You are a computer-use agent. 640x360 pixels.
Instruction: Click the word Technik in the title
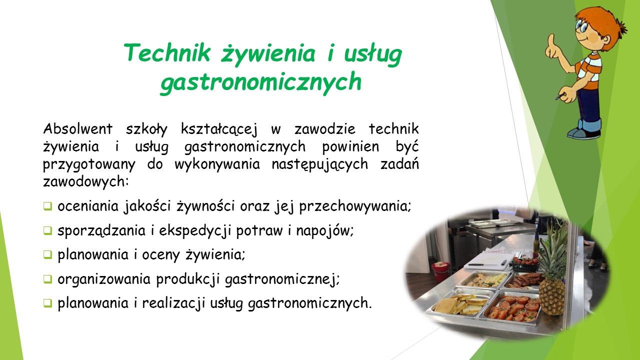click(x=167, y=52)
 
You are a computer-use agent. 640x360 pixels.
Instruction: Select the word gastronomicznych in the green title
click(x=261, y=82)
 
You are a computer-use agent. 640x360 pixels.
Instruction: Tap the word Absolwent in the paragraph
click(x=77, y=129)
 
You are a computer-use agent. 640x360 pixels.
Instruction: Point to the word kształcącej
click(x=219, y=129)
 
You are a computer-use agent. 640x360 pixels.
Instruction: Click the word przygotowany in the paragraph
click(x=89, y=165)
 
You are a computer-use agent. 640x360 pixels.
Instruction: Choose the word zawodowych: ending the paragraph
click(x=85, y=181)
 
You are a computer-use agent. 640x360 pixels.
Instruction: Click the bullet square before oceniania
click(x=47, y=206)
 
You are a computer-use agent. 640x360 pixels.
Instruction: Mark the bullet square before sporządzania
click(x=47, y=230)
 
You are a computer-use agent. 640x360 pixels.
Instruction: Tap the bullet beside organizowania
click(x=47, y=279)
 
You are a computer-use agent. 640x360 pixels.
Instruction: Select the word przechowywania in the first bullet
click(x=355, y=206)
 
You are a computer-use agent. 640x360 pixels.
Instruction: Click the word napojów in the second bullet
click(x=325, y=231)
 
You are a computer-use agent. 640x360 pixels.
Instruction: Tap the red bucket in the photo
click(x=440, y=271)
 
